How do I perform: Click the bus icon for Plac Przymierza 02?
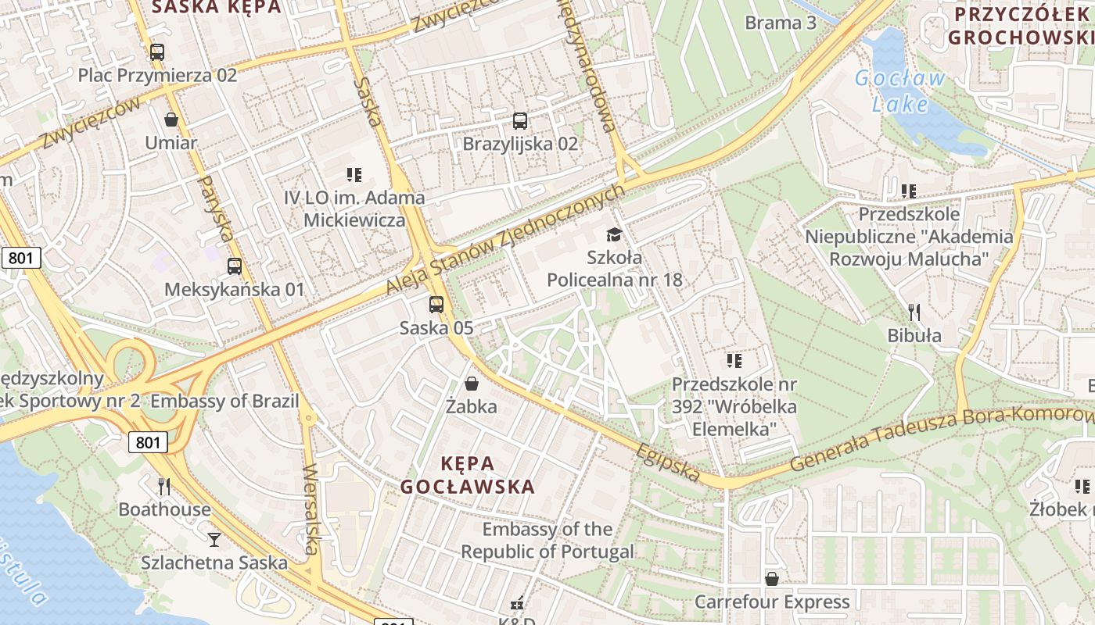(x=157, y=52)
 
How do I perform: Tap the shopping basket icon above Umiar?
(x=171, y=120)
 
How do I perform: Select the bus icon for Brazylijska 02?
(x=520, y=121)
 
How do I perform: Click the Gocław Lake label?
(x=900, y=91)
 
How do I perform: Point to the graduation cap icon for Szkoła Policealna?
(x=614, y=234)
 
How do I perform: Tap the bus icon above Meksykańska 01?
(x=234, y=266)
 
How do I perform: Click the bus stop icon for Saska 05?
(x=436, y=305)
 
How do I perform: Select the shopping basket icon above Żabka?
(x=472, y=384)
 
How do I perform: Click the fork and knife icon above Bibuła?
(x=914, y=313)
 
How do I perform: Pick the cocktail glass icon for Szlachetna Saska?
(x=214, y=539)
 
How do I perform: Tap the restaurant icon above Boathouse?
(x=164, y=487)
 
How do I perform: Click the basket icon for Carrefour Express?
(x=772, y=579)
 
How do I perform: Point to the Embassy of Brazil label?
(x=224, y=402)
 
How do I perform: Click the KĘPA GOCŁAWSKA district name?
(x=468, y=475)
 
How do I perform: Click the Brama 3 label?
(x=781, y=23)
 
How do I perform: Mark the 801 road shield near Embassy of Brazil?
(x=147, y=443)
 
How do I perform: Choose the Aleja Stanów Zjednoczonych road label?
(x=506, y=240)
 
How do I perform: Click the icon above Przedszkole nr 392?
(x=734, y=360)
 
